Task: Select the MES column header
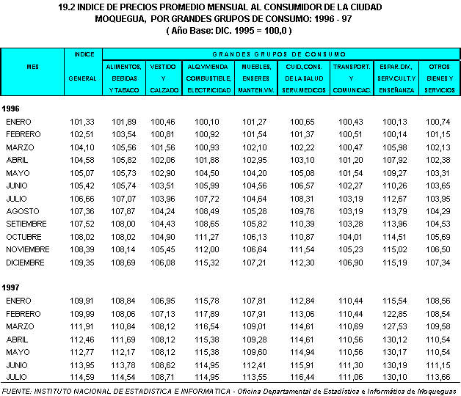[x=32, y=66]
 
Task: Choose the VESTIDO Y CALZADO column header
[x=162, y=78]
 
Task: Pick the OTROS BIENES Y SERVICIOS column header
[x=439, y=78]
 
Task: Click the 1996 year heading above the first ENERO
[x=12, y=108]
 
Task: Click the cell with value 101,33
[x=82, y=121]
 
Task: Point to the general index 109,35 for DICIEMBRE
[x=82, y=262]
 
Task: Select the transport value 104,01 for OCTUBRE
[x=349, y=236]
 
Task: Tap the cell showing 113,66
[x=439, y=377]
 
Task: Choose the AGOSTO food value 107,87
[x=124, y=210]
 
